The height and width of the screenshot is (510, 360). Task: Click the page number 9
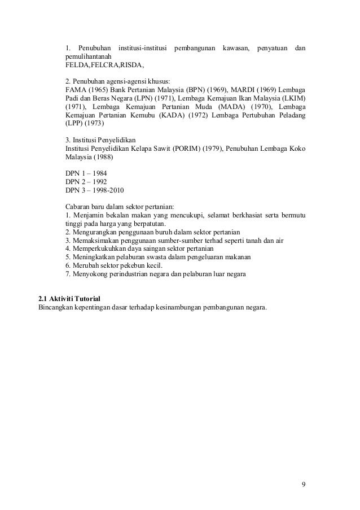click(x=304, y=484)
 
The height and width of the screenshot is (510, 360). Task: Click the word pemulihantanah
click(x=89, y=56)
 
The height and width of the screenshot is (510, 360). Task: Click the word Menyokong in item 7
click(x=89, y=274)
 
